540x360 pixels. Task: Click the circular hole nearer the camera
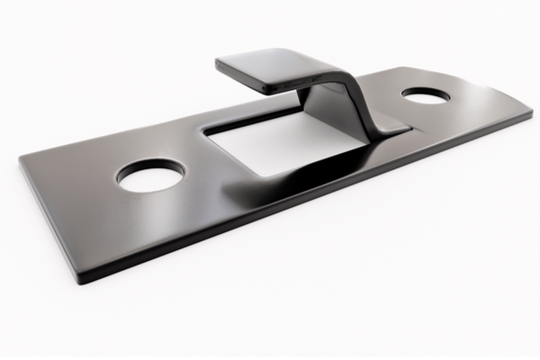pos(149,175)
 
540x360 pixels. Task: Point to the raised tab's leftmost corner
pos(217,62)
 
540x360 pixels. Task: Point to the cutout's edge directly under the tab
pos(261,115)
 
